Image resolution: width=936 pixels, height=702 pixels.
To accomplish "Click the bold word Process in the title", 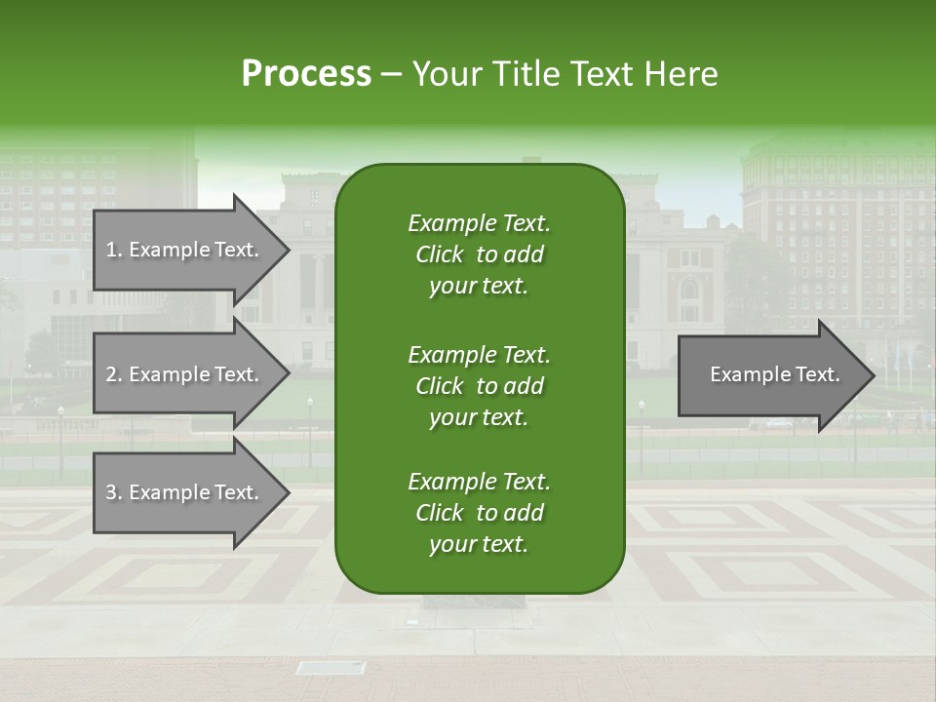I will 306,74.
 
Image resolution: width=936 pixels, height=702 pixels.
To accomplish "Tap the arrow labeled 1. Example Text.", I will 185,250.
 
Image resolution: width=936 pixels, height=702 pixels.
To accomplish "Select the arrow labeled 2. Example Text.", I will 185,374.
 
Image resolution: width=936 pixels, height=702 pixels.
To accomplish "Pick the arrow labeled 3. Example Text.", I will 185,492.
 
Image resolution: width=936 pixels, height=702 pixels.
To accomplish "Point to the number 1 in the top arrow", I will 111,250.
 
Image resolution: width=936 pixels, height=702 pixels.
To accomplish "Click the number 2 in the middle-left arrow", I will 111,374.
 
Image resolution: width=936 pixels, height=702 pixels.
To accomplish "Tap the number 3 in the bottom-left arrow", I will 111,492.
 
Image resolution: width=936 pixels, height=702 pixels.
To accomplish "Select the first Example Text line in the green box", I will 479,223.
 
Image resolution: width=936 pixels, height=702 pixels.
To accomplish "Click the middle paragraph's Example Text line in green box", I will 479,354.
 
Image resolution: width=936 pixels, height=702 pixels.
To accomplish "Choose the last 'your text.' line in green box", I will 479,545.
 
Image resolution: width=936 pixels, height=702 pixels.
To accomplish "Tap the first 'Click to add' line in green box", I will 479,254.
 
